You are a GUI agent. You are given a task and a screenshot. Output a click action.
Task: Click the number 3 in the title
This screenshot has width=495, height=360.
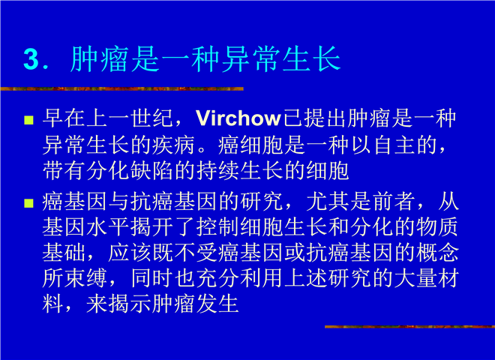pyautogui.click(x=31, y=59)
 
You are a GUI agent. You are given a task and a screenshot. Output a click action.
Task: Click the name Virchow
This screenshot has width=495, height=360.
pyautogui.click(x=238, y=118)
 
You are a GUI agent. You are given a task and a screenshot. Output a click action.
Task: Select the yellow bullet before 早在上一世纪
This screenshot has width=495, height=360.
pyautogui.click(x=28, y=120)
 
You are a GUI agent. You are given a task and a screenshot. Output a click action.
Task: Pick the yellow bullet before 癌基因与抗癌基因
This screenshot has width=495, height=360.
pyautogui.click(x=28, y=203)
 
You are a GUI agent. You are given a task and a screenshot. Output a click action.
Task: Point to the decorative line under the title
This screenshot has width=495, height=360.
pyautogui.click(x=121, y=88)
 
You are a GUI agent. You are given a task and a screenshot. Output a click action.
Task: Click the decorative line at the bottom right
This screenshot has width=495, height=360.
pyautogui.click(x=409, y=326)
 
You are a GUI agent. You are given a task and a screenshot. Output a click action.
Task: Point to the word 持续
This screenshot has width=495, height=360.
pyautogui.click(x=217, y=171)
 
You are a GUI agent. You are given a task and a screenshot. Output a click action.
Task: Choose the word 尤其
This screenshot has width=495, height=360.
pyautogui.click(x=328, y=202)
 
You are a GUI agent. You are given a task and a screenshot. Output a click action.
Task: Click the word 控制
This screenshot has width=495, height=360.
pyautogui.click(x=217, y=227)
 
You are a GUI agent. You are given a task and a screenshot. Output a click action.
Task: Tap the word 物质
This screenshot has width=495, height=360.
pyautogui.click(x=437, y=227)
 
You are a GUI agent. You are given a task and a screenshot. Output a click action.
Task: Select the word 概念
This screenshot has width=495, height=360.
pyautogui.click(x=437, y=253)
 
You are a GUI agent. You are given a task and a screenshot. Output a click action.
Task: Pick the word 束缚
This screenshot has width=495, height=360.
pyautogui.click(x=85, y=278)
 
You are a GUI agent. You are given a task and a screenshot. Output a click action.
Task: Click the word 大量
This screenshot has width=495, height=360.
pyautogui.click(x=415, y=278)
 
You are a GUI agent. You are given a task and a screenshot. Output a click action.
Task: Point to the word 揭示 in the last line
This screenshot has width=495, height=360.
pyautogui.click(x=130, y=304)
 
